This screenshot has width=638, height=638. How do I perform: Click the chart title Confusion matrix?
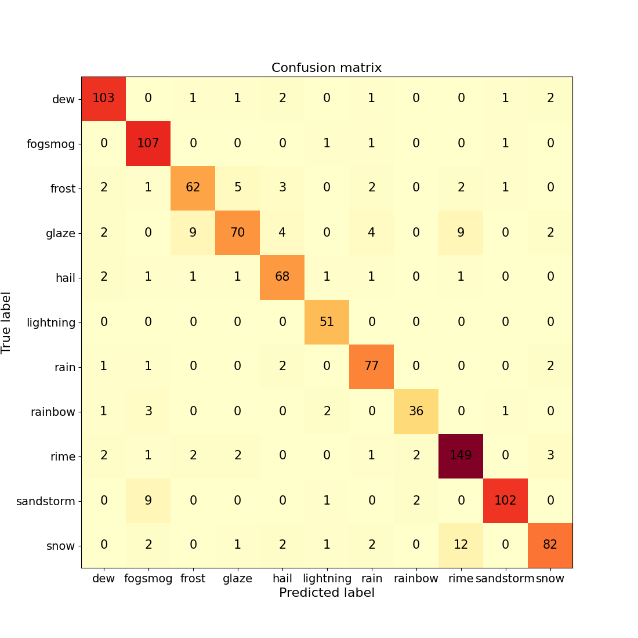(327, 68)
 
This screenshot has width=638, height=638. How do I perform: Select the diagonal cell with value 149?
(461, 456)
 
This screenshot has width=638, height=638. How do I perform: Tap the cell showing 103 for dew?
(103, 98)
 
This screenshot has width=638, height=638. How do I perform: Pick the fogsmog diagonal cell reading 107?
(148, 143)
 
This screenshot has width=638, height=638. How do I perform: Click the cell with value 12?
(461, 545)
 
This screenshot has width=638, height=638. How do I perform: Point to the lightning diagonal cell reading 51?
(327, 322)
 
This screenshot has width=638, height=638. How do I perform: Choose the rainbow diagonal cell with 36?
(416, 411)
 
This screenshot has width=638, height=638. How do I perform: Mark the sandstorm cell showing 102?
(505, 501)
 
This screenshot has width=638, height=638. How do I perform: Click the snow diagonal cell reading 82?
(550, 545)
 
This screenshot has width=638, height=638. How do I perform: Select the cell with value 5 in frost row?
(237, 188)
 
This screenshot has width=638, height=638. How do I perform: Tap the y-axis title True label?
(7, 322)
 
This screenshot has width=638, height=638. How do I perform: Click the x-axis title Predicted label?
(327, 593)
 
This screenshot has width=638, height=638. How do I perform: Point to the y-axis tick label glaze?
(60, 233)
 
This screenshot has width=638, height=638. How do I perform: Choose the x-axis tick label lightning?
(327, 578)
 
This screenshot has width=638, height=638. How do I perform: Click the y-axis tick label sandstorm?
(46, 501)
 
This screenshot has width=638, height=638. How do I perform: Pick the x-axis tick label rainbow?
(416, 578)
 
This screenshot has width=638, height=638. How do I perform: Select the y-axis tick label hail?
(66, 278)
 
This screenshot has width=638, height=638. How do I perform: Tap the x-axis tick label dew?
(103, 578)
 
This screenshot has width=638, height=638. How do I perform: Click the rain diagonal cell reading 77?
(371, 367)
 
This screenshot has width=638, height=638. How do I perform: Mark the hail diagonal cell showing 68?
(282, 277)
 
